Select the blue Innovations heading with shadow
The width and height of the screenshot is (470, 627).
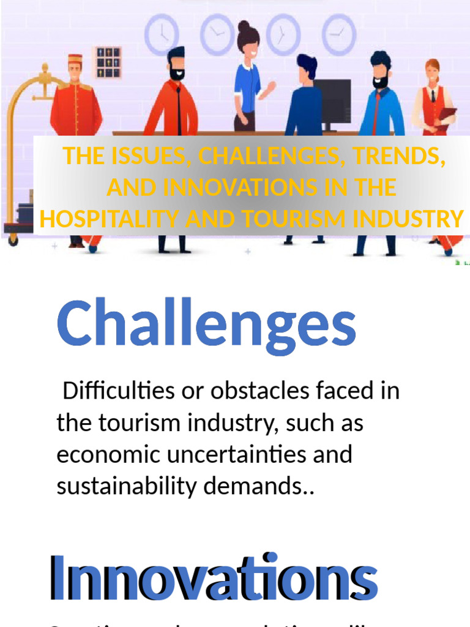(213, 577)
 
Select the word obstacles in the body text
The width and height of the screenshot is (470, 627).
(258, 391)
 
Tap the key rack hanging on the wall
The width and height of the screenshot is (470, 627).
(106, 62)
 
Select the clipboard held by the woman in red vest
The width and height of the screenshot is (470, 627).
(448, 115)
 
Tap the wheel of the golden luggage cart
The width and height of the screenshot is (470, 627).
(13, 240)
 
